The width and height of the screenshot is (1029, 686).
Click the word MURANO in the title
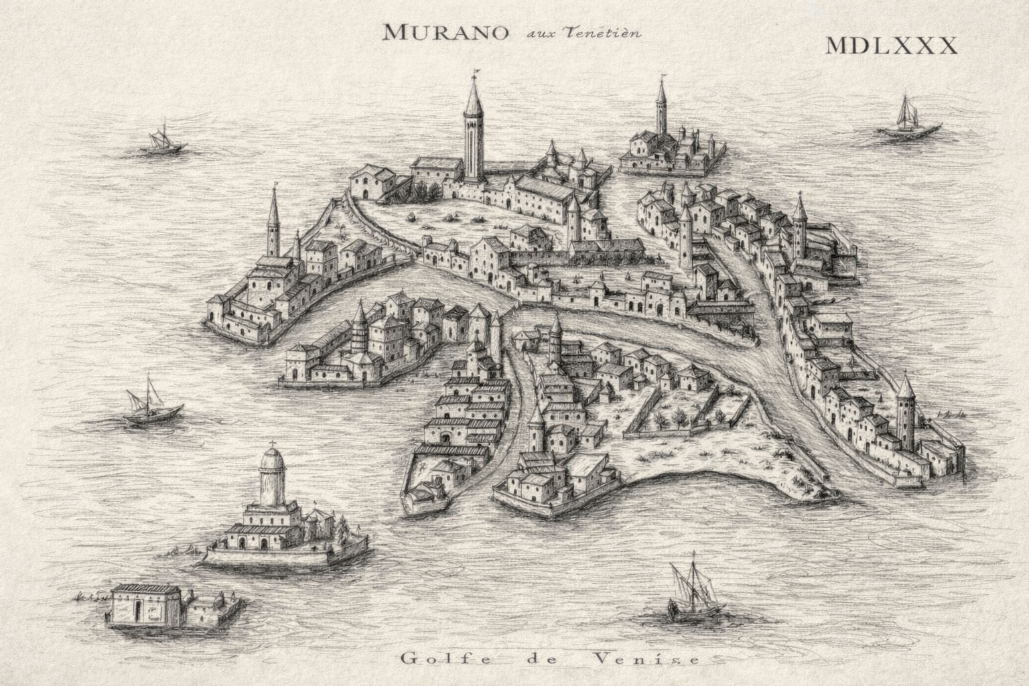(x=442, y=31)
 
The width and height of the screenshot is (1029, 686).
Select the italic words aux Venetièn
(x=573, y=33)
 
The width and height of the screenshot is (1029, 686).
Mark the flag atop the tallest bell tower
(x=476, y=72)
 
